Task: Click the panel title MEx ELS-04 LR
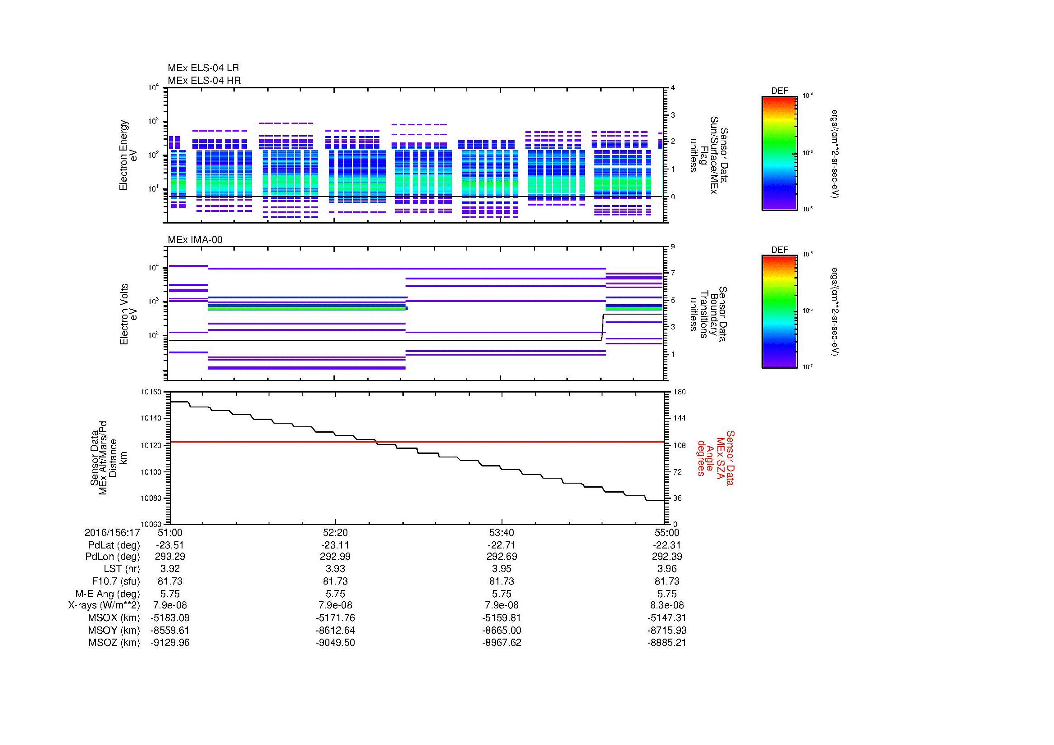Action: [x=203, y=68]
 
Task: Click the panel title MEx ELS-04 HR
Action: [x=204, y=80]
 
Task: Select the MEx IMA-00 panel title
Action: [x=195, y=240]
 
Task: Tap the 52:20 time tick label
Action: [x=335, y=532]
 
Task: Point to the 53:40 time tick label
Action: [x=502, y=532]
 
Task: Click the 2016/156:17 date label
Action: [x=112, y=532]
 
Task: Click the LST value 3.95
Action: [x=502, y=569]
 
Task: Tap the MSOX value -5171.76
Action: [x=335, y=618]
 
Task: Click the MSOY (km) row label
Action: [x=114, y=630]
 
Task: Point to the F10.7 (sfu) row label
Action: [x=116, y=581]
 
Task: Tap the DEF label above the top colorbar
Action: [x=780, y=91]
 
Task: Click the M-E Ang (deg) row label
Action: [x=107, y=594]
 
